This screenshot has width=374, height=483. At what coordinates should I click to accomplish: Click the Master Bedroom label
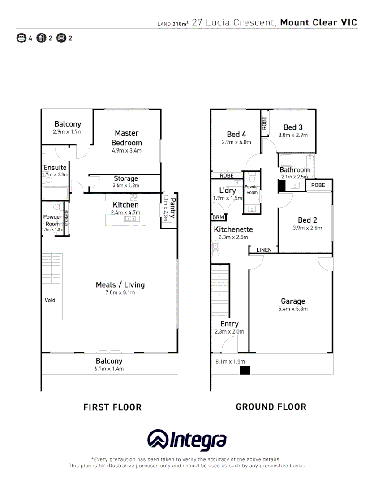[126, 138]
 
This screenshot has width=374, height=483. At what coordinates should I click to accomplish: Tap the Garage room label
[293, 301]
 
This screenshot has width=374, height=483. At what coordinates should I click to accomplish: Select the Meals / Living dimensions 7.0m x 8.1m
[120, 292]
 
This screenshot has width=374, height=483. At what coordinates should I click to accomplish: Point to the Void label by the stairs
[50, 300]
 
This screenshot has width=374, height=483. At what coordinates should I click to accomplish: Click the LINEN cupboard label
[264, 250]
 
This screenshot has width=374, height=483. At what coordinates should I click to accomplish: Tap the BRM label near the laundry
[218, 217]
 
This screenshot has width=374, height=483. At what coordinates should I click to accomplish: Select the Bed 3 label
[293, 127]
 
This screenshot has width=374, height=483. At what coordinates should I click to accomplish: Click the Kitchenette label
[233, 229]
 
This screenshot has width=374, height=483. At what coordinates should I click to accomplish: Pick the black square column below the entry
[245, 370]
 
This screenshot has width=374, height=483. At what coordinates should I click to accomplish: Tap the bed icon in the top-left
[21, 38]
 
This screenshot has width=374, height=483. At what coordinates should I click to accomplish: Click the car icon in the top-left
[61, 38]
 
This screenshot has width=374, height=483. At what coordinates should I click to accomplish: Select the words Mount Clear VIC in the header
[318, 23]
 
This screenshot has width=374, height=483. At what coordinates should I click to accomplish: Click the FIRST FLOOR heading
[112, 407]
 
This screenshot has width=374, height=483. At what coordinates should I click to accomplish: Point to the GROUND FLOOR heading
[271, 407]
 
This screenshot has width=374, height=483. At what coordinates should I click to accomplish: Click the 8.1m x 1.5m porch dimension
[230, 361]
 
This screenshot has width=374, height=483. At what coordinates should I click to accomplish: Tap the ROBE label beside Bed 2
[318, 185]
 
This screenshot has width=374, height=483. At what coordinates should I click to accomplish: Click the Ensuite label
[55, 168]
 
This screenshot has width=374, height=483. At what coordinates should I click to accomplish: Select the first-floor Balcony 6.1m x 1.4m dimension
[109, 369]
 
